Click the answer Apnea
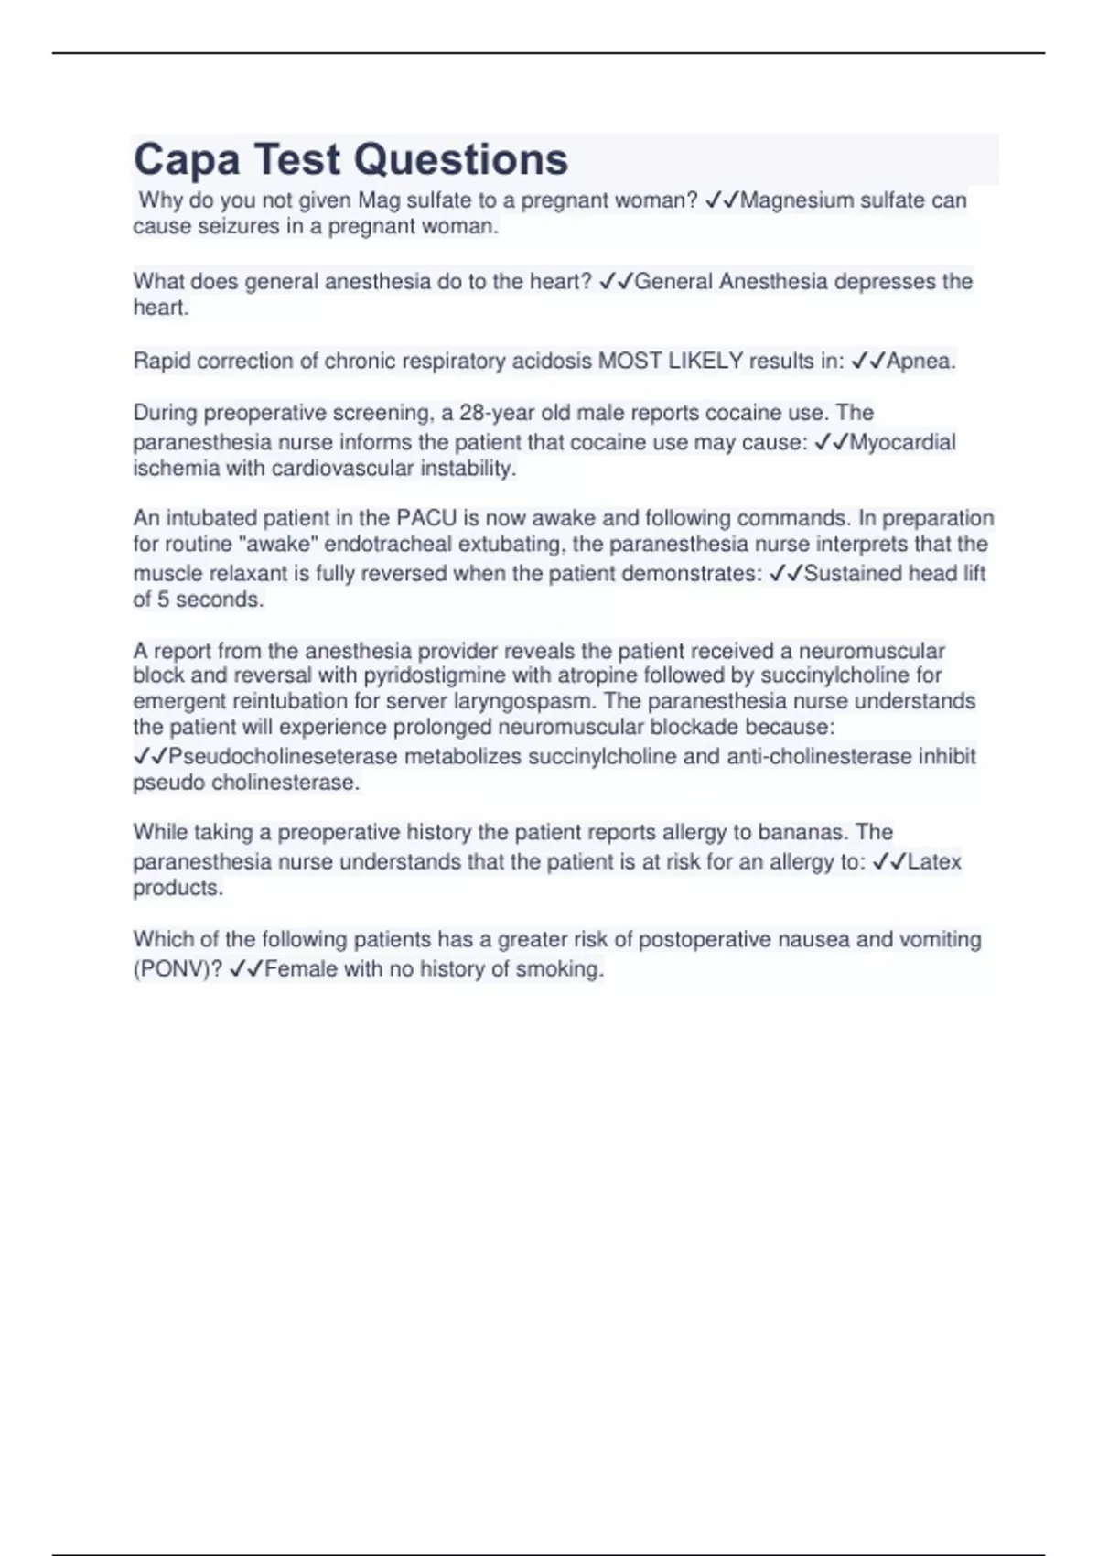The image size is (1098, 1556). pyautogui.click(x=920, y=362)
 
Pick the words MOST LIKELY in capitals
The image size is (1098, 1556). pyautogui.click(x=670, y=362)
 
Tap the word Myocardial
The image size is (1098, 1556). pyautogui.click(x=902, y=443)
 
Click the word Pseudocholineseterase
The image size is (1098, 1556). pyautogui.click(x=283, y=757)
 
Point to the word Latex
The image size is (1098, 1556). pyautogui.click(x=934, y=862)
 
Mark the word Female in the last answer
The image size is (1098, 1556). pyautogui.click(x=300, y=969)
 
